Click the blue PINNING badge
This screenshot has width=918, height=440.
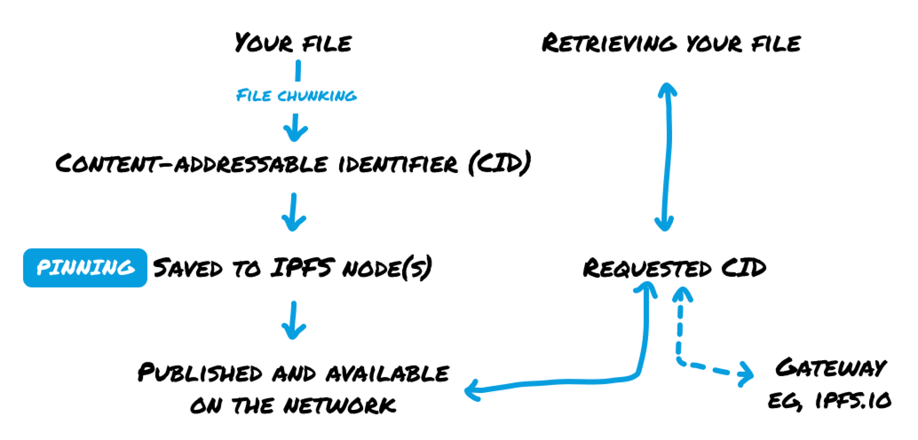click(x=85, y=268)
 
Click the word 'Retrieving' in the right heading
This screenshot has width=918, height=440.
click(x=609, y=43)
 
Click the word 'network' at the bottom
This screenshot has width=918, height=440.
click(x=339, y=405)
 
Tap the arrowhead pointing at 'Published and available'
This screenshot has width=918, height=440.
click(x=472, y=390)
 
